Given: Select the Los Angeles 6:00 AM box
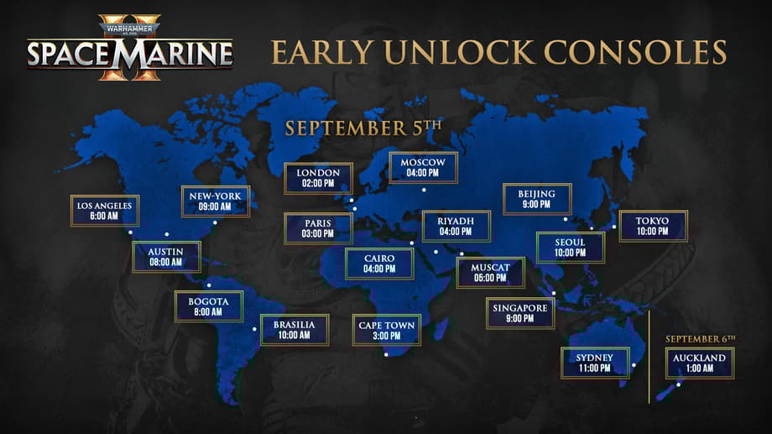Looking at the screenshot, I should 104,211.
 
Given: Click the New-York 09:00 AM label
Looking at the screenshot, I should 216,201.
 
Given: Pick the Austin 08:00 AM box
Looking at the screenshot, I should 166,257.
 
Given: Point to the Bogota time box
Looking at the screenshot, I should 208,306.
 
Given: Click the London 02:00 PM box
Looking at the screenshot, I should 318,178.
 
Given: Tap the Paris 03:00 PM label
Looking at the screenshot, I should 318,228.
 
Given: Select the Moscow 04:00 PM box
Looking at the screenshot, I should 423,167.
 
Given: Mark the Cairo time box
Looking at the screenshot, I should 379,264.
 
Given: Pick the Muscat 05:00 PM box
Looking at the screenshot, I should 490,273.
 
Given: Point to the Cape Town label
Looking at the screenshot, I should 387,330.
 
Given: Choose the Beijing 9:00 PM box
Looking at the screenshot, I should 537,199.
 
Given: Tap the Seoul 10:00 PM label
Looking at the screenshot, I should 570,248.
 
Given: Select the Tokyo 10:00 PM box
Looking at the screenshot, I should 653,226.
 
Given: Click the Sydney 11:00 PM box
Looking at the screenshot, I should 595,363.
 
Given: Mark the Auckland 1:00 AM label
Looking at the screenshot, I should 700,363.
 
